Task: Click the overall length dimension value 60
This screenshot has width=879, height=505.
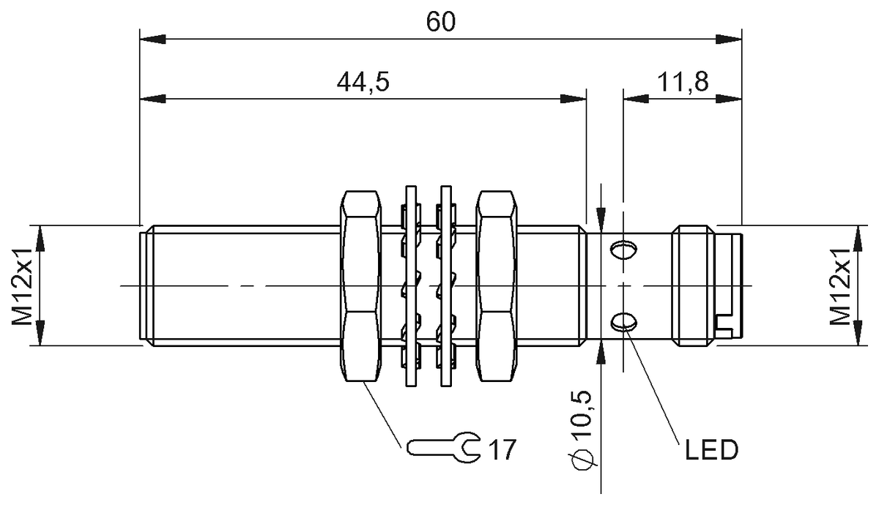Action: point(440,21)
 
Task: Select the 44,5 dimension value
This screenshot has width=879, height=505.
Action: point(362,81)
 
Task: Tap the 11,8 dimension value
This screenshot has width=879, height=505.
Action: point(681,81)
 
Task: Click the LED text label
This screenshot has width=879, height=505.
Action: point(711,450)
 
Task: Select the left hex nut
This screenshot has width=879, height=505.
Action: point(360,285)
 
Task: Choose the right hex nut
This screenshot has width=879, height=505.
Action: point(497,285)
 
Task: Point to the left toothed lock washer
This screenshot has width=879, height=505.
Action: point(409,285)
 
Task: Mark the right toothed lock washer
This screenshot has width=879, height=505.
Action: point(445,285)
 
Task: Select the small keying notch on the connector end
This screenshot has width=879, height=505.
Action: point(724,324)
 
